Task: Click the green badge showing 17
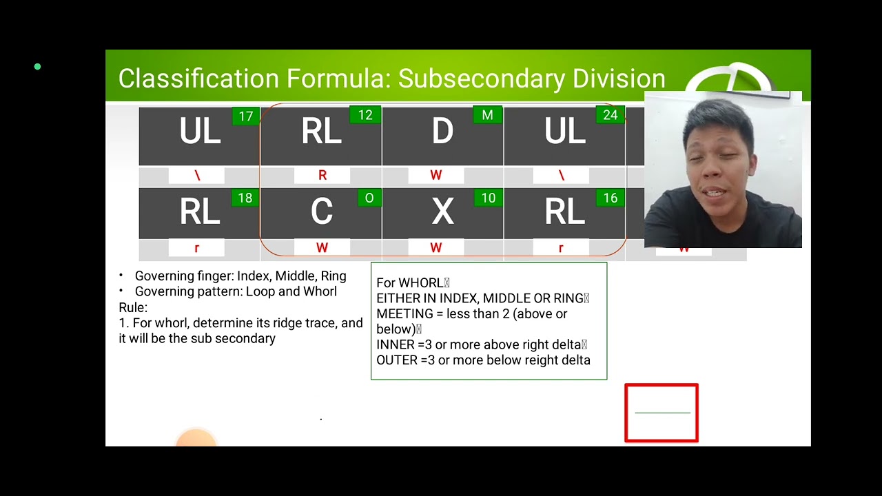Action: [246, 116]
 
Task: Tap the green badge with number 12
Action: [365, 115]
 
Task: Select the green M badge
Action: [487, 115]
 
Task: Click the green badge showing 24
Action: [610, 115]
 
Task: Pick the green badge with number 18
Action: [245, 198]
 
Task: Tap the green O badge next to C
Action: [369, 198]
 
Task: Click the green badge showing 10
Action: [488, 198]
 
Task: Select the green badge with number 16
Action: [610, 198]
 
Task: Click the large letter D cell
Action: [442, 132]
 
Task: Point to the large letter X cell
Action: [442, 212]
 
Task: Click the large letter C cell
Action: [321, 212]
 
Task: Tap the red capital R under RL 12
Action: [322, 176]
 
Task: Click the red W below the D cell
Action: [435, 176]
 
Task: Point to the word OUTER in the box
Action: [395, 360]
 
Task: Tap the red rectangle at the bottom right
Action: [661, 413]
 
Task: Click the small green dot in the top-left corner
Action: [37, 67]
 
